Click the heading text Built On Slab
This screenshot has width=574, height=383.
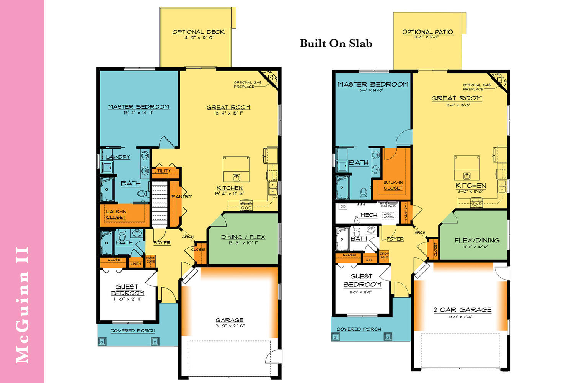tap(336, 44)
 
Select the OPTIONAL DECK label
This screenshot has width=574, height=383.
tap(198, 32)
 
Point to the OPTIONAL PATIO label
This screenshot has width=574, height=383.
tap(427, 32)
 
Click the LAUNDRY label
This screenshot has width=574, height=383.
tap(118, 157)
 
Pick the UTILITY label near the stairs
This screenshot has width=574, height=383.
tap(163, 171)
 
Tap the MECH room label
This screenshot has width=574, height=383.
tap(369, 215)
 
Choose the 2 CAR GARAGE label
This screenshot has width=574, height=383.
tap(462, 309)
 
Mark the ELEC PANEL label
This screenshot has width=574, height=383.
tap(388, 206)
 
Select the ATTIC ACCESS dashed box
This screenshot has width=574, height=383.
tap(388, 216)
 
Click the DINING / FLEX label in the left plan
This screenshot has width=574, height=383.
tap(243, 237)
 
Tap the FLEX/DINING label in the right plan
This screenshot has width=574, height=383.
tap(477, 240)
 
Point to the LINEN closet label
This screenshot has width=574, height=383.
tap(136, 264)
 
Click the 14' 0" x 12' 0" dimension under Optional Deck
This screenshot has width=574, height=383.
tap(198, 38)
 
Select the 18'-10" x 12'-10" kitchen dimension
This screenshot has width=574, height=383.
tap(470, 191)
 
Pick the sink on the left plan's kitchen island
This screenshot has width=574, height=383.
tap(236, 177)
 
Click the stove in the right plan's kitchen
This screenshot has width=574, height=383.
tap(476, 203)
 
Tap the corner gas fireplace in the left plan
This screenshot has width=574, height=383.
tap(271, 78)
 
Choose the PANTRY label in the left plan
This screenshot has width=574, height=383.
tap(182, 196)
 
